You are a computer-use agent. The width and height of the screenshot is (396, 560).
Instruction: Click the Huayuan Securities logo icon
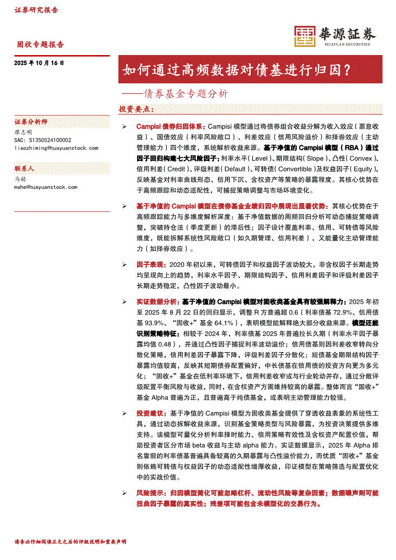[304, 36]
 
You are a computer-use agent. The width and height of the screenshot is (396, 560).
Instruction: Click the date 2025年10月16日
[39, 63]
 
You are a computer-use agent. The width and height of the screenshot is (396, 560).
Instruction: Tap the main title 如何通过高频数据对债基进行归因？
[236, 70]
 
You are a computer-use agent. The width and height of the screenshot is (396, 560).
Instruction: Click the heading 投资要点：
[137, 109]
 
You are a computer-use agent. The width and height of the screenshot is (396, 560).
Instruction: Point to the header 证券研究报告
[36, 10]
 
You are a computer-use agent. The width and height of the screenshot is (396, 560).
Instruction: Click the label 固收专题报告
[40, 45]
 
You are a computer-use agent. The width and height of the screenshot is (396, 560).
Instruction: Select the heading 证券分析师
[31, 122]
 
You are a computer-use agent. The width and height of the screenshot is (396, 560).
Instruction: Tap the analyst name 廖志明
[23, 132]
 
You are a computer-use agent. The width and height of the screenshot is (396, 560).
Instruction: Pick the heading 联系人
[24, 169]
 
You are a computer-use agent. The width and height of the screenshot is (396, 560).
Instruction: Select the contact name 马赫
[20, 179]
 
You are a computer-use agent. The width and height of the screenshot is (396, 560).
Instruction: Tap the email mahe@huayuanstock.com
[46, 187]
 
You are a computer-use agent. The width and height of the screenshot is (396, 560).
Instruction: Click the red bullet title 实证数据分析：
[158, 302]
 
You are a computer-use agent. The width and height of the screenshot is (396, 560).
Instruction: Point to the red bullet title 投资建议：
[151, 413]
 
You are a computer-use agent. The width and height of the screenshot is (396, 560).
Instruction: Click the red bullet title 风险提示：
[151, 492]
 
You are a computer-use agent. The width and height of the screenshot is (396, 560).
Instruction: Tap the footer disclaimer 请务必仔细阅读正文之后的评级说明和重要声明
[70, 542]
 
